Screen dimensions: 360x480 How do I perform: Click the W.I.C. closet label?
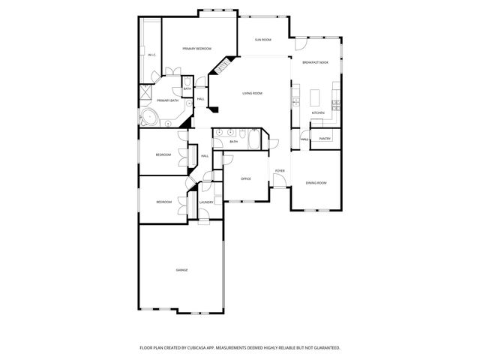151,55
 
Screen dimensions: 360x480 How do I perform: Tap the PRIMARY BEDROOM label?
193,49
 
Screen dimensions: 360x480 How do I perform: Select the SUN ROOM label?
262,39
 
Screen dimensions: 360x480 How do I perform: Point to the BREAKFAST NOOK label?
315,62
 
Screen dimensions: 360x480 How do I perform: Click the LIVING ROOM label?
252,93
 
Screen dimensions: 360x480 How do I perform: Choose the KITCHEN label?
317,113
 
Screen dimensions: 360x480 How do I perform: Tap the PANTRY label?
325,139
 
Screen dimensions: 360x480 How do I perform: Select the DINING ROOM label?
316,183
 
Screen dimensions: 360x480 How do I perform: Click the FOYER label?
279,171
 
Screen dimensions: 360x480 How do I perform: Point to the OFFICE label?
245,178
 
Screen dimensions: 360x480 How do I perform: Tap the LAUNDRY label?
207,202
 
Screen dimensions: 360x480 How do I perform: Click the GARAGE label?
181,269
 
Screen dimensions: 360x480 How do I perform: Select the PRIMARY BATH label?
167,100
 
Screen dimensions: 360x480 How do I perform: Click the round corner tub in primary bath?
148,116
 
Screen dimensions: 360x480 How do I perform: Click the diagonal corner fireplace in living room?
223,67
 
